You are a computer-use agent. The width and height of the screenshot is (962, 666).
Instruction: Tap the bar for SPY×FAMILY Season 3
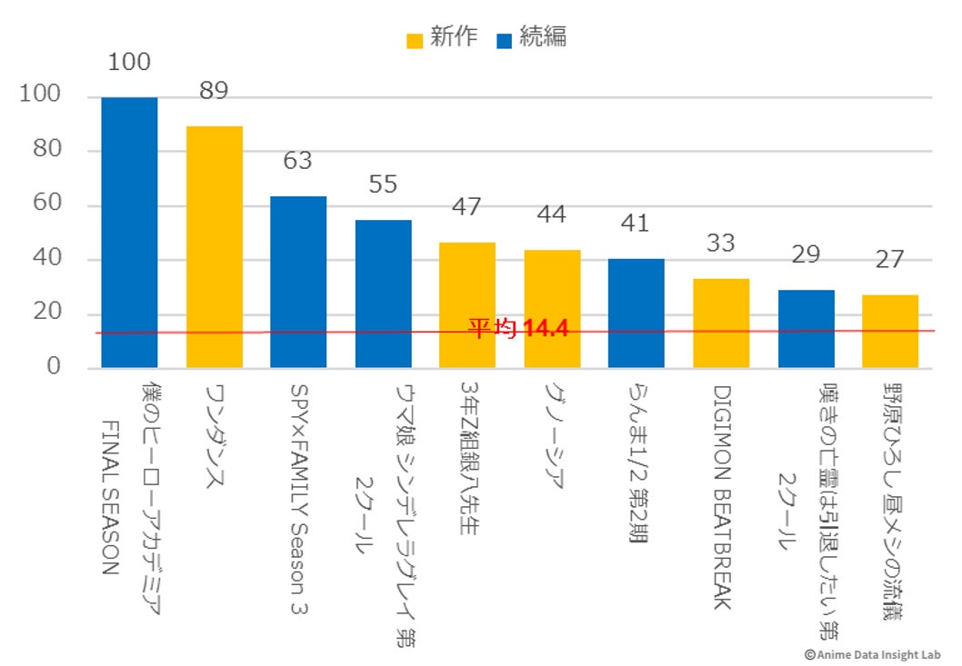pos(298,282)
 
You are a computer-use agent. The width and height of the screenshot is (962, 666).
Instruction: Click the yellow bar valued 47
pos(467,304)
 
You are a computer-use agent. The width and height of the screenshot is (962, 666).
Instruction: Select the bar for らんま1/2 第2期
pos(636,313)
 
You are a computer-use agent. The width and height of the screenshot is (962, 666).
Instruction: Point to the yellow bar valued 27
pos(890,331)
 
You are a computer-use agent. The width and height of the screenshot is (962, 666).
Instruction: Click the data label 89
pos(215,92)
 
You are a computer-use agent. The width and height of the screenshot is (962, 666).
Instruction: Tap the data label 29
pos(806,254)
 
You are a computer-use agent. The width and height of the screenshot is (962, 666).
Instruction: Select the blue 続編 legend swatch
pos(506,40)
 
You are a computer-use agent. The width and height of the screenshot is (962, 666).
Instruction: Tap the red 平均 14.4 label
pos(518,328)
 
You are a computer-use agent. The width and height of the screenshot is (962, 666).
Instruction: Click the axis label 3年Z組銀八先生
pos(467,460)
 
